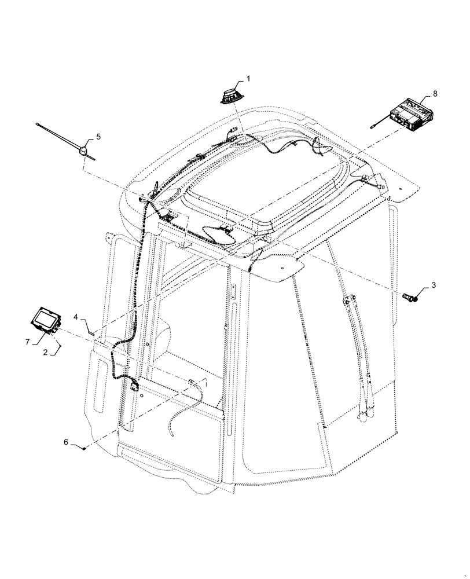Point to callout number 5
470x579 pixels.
coord(98,137)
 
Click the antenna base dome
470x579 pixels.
coord(84,151)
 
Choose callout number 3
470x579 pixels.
coord(433,286)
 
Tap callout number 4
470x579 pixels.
coord(76,317)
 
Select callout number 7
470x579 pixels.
coord(27,343)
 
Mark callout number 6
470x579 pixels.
coord(66,442)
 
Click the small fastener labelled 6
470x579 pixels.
coord(85,448)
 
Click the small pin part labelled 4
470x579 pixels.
coord(91,332)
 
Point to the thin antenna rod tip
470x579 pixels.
coord(38,123)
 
